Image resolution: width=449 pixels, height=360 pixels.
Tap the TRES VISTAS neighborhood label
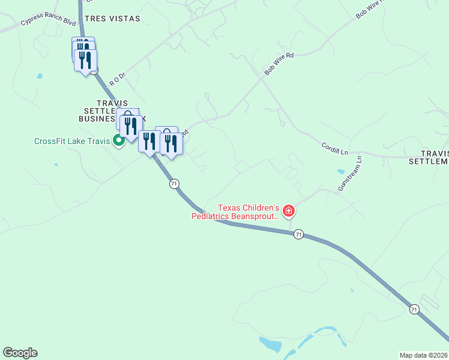point(112,19)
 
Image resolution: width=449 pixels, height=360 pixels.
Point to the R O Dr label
point(117,77)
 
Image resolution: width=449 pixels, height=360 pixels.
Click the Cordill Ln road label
point(334,148)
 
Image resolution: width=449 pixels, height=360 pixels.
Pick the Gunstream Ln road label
point(351,174)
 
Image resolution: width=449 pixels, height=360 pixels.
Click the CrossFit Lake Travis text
point(71,142)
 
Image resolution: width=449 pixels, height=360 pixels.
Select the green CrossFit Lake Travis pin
point(119,141)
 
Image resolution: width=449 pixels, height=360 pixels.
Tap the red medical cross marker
point(289,211)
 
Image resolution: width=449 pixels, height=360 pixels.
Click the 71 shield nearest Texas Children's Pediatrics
point(298,235)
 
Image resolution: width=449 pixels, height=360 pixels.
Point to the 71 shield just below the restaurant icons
point(174,184)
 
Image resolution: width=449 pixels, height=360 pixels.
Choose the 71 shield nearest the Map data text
point(414,309)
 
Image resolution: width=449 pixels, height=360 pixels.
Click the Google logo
point(20,353)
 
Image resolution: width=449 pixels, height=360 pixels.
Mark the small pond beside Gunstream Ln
point(341,172)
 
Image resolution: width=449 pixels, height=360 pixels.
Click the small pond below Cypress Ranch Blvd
point(40,76)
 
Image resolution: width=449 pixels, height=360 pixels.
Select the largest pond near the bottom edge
point(271,344)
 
